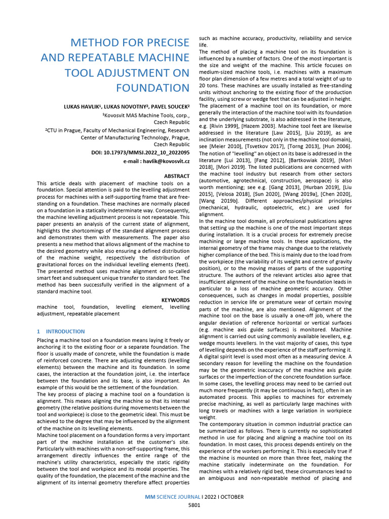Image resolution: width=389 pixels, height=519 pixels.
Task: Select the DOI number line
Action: [x=148, y=152]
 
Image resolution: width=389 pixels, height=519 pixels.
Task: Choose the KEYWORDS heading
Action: [x=175, y=300]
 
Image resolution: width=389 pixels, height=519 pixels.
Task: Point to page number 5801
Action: [x=194, y=505]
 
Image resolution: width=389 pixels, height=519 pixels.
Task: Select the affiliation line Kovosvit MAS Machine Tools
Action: [x=142, y=116]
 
